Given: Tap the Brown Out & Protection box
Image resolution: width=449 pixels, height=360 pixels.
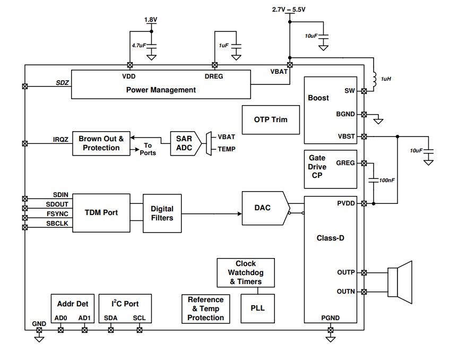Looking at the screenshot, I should tap(101, 143).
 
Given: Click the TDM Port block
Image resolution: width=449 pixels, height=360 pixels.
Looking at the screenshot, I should tap(101, 212).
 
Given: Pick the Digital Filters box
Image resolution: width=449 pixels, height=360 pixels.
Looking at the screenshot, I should tap(162, 213).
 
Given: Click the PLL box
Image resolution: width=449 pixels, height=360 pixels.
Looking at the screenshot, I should tap(257, 307).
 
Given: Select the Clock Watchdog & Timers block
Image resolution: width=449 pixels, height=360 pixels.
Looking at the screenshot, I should tap(246, 272).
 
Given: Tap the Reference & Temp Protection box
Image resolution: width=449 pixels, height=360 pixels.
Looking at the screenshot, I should tap(205, 308).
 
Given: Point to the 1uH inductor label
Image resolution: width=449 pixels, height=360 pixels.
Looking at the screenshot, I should tap(386, 79).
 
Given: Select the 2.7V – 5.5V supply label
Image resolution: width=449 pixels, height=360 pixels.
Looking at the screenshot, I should tap(289, 10).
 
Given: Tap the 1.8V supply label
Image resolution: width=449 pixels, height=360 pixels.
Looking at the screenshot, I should tap(151, 20).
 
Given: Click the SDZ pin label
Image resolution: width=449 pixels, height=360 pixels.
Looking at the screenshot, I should tap(62, 82).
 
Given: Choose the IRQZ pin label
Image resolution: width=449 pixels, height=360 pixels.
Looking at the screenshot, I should tap(61, 139).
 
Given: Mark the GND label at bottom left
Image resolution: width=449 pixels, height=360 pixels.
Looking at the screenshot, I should tap(39, 323).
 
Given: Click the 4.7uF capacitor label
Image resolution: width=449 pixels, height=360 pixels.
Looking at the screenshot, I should tap(139, 46).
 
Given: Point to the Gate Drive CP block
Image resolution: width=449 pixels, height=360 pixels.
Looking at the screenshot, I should tap(317, 167).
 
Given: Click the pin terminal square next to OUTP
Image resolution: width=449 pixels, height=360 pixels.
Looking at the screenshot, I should tap(364, 273).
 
